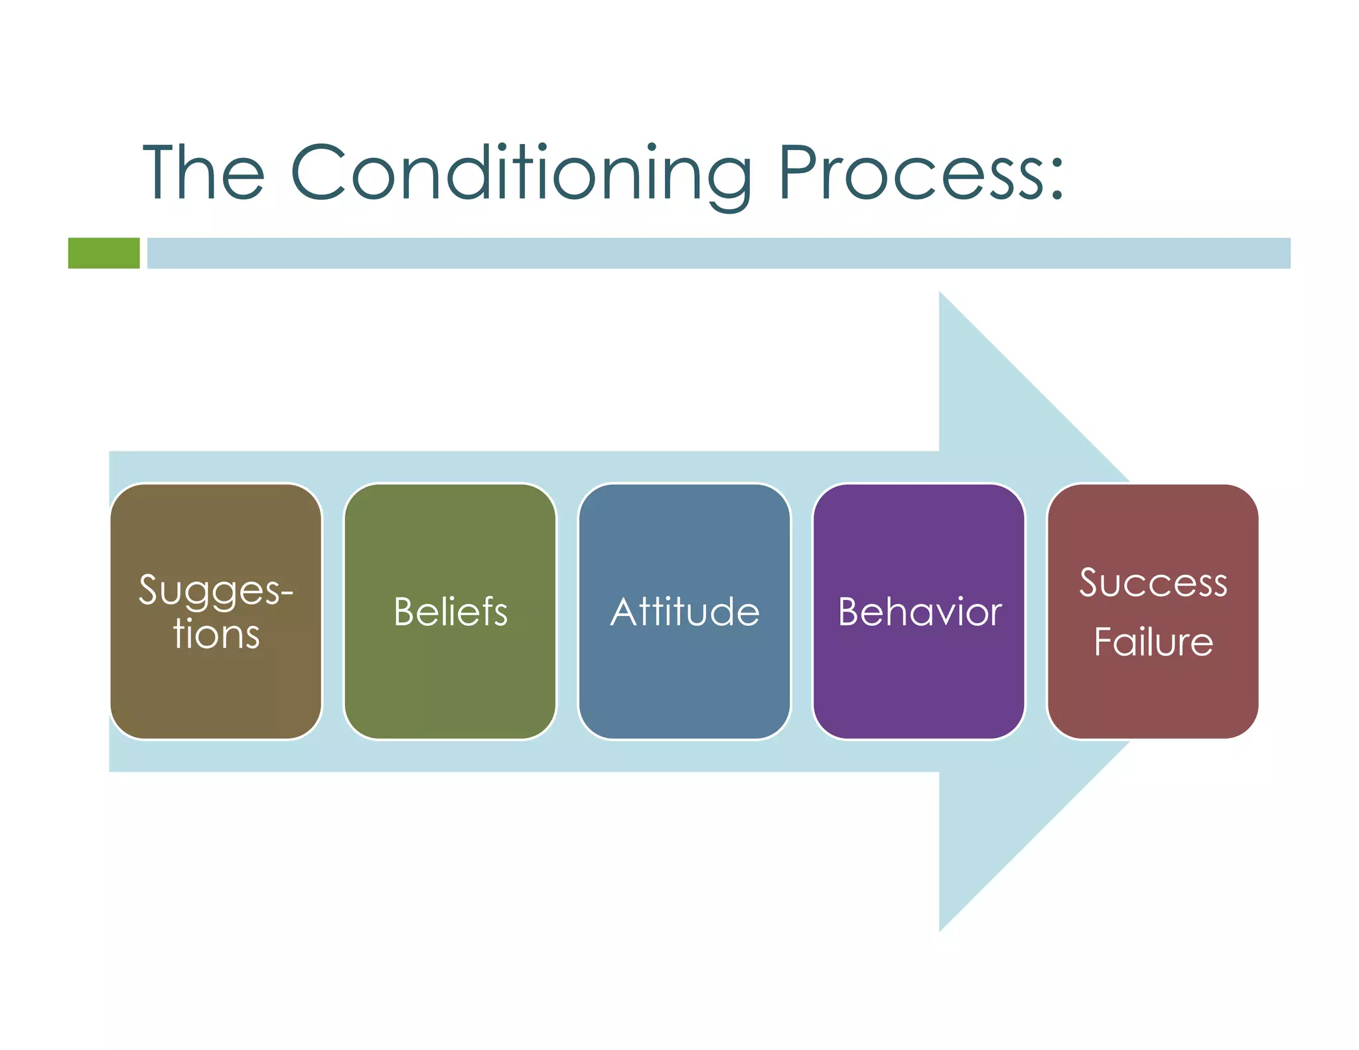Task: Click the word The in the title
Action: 204,173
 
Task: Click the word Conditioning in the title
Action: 521,174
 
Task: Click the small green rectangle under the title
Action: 104,253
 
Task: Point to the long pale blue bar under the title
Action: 718,253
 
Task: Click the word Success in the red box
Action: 1153,583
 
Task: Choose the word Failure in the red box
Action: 1153,642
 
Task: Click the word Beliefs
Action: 450,611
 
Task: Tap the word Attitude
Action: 684,611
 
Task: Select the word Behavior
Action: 919,611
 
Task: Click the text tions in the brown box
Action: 216,634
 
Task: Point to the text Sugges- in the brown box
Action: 216,589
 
